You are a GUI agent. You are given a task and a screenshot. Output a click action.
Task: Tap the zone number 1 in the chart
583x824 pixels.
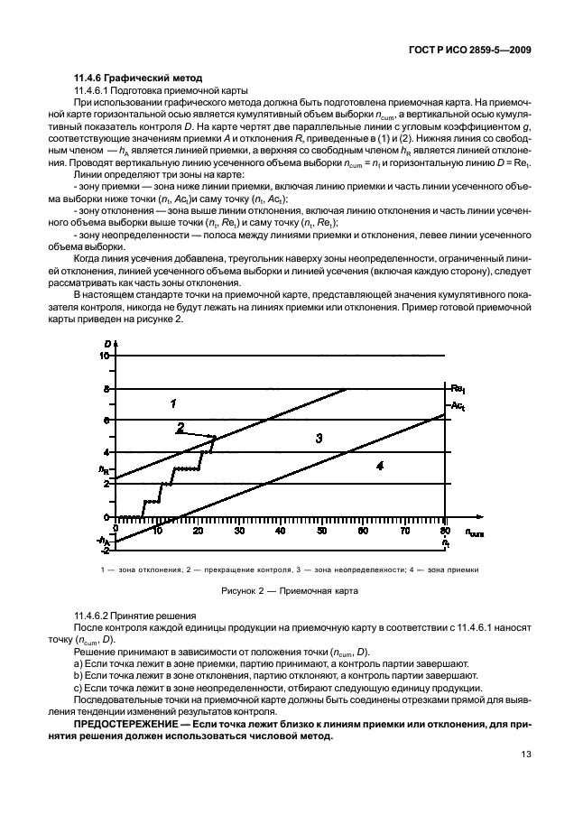coord(173,403)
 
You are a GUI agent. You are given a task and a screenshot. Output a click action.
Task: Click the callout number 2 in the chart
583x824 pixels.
coord(180,427)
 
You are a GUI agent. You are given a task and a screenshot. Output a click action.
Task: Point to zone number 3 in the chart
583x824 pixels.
coord(319,439)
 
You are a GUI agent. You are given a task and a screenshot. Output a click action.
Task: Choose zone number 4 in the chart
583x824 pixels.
coord(379,466)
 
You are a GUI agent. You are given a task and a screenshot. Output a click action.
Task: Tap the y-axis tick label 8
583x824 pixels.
coord(106,389)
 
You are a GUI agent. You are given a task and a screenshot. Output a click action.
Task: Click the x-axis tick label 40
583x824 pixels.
coord(281,532)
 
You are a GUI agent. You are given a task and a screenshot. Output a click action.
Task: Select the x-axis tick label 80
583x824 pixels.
coord(444,532)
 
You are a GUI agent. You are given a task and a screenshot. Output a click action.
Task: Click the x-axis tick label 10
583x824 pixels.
coord(157,532)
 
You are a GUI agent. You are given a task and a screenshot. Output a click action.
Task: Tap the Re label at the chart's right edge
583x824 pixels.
coord(458,388)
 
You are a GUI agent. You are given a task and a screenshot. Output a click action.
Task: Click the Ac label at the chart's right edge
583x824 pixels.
coord(458,408)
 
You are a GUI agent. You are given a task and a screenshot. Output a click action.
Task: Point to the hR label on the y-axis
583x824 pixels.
coord(104,469)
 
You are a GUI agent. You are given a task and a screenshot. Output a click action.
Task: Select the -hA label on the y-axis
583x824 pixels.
coord(103,540)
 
